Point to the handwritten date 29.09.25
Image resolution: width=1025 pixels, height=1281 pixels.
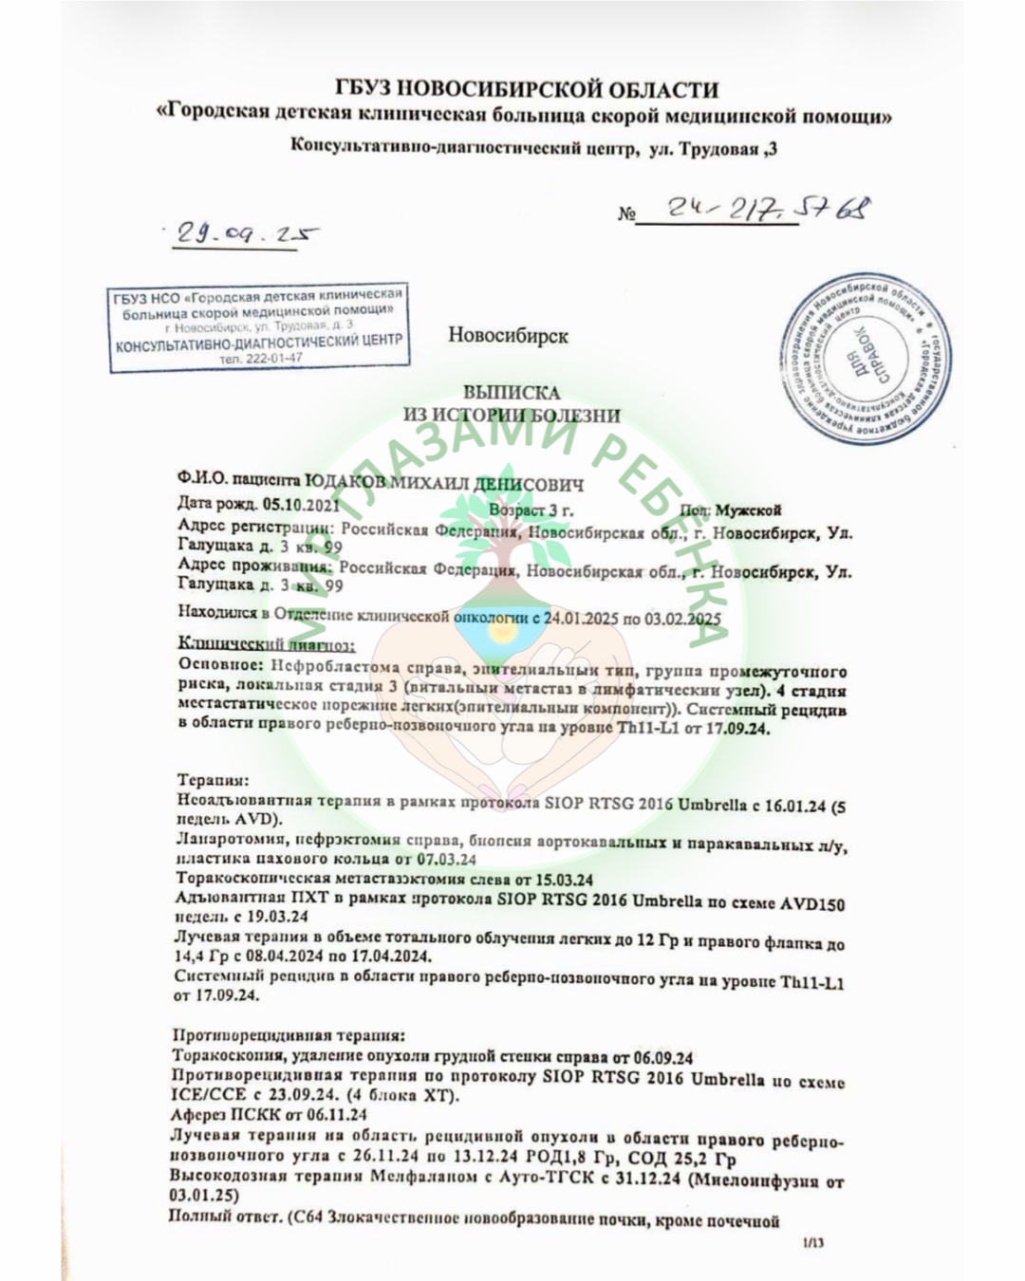click(x=241, y=233)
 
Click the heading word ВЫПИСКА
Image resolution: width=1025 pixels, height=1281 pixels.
click(x=512, y=392)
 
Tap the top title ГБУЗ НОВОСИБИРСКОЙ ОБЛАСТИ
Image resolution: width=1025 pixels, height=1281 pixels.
click(x=527, y=90)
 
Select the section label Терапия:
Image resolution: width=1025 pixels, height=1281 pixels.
click(x=214, y=780)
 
